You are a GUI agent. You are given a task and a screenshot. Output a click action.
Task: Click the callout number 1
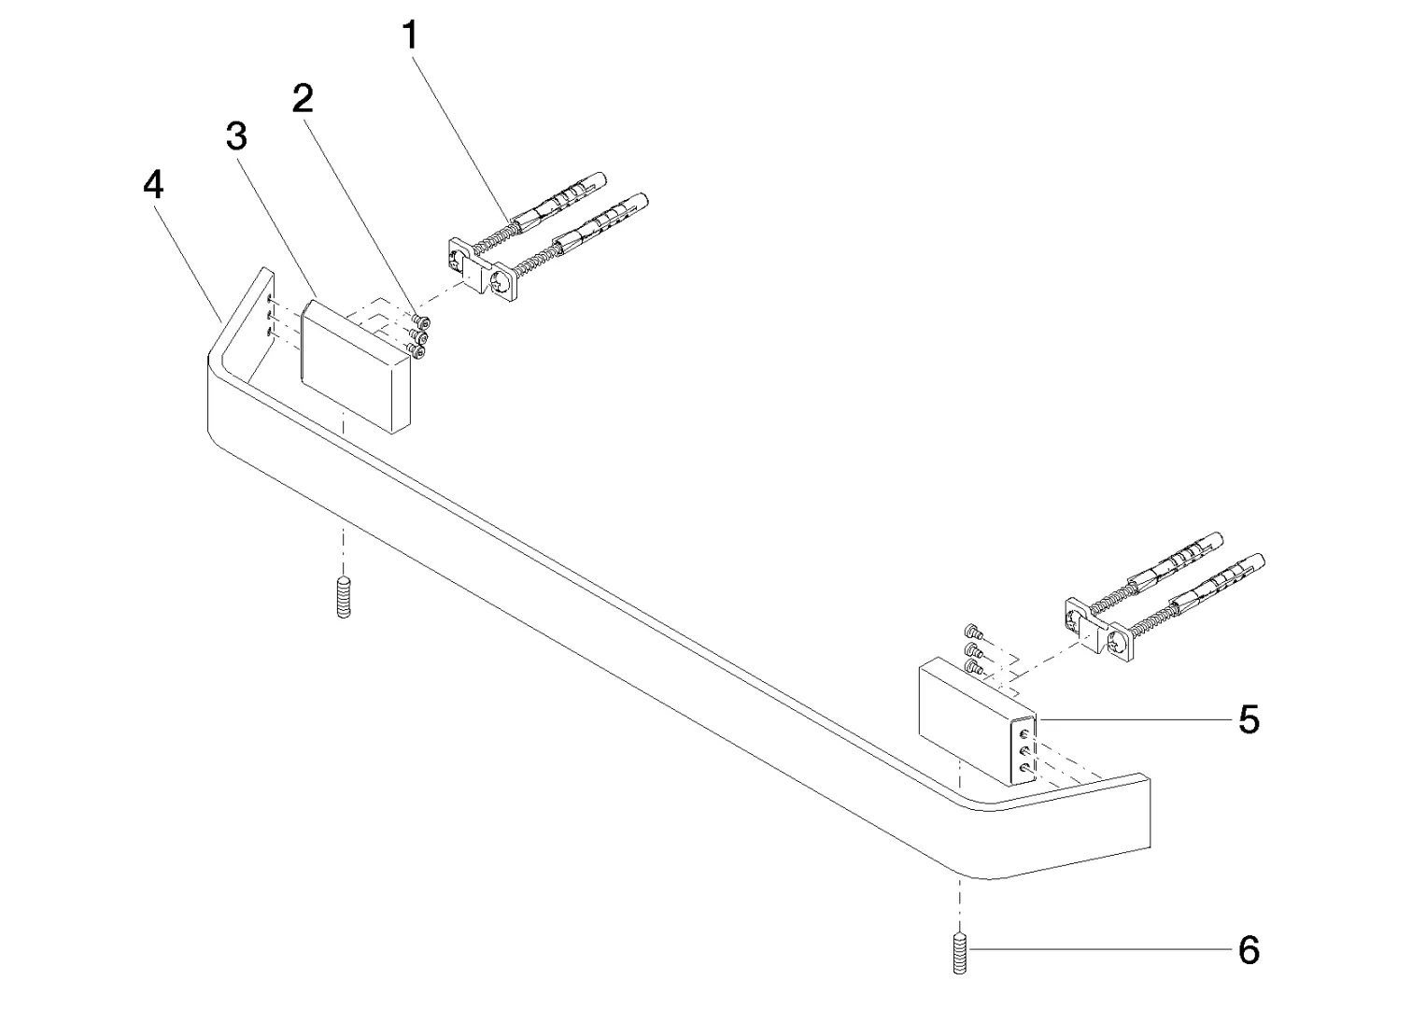(x=411, y=36)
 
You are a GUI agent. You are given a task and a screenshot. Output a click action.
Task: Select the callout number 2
(x=303, y=99)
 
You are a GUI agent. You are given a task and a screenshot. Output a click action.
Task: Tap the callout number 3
(x=236, y=137)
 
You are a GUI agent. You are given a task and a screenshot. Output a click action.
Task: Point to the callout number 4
(x=153, y=185)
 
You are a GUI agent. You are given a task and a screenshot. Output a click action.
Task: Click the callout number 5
(x=1249, y=719)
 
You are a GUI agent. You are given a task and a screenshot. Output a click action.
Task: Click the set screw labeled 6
(x=959, y=970)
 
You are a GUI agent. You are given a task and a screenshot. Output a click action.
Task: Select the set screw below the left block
(x=343, y=597)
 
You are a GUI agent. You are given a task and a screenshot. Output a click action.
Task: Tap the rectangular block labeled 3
(x=355, y=367)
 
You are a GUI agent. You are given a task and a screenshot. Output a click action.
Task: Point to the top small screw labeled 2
(x=421, y=321)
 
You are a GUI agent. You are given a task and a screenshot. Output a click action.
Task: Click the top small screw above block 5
(x=973, y=632)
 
